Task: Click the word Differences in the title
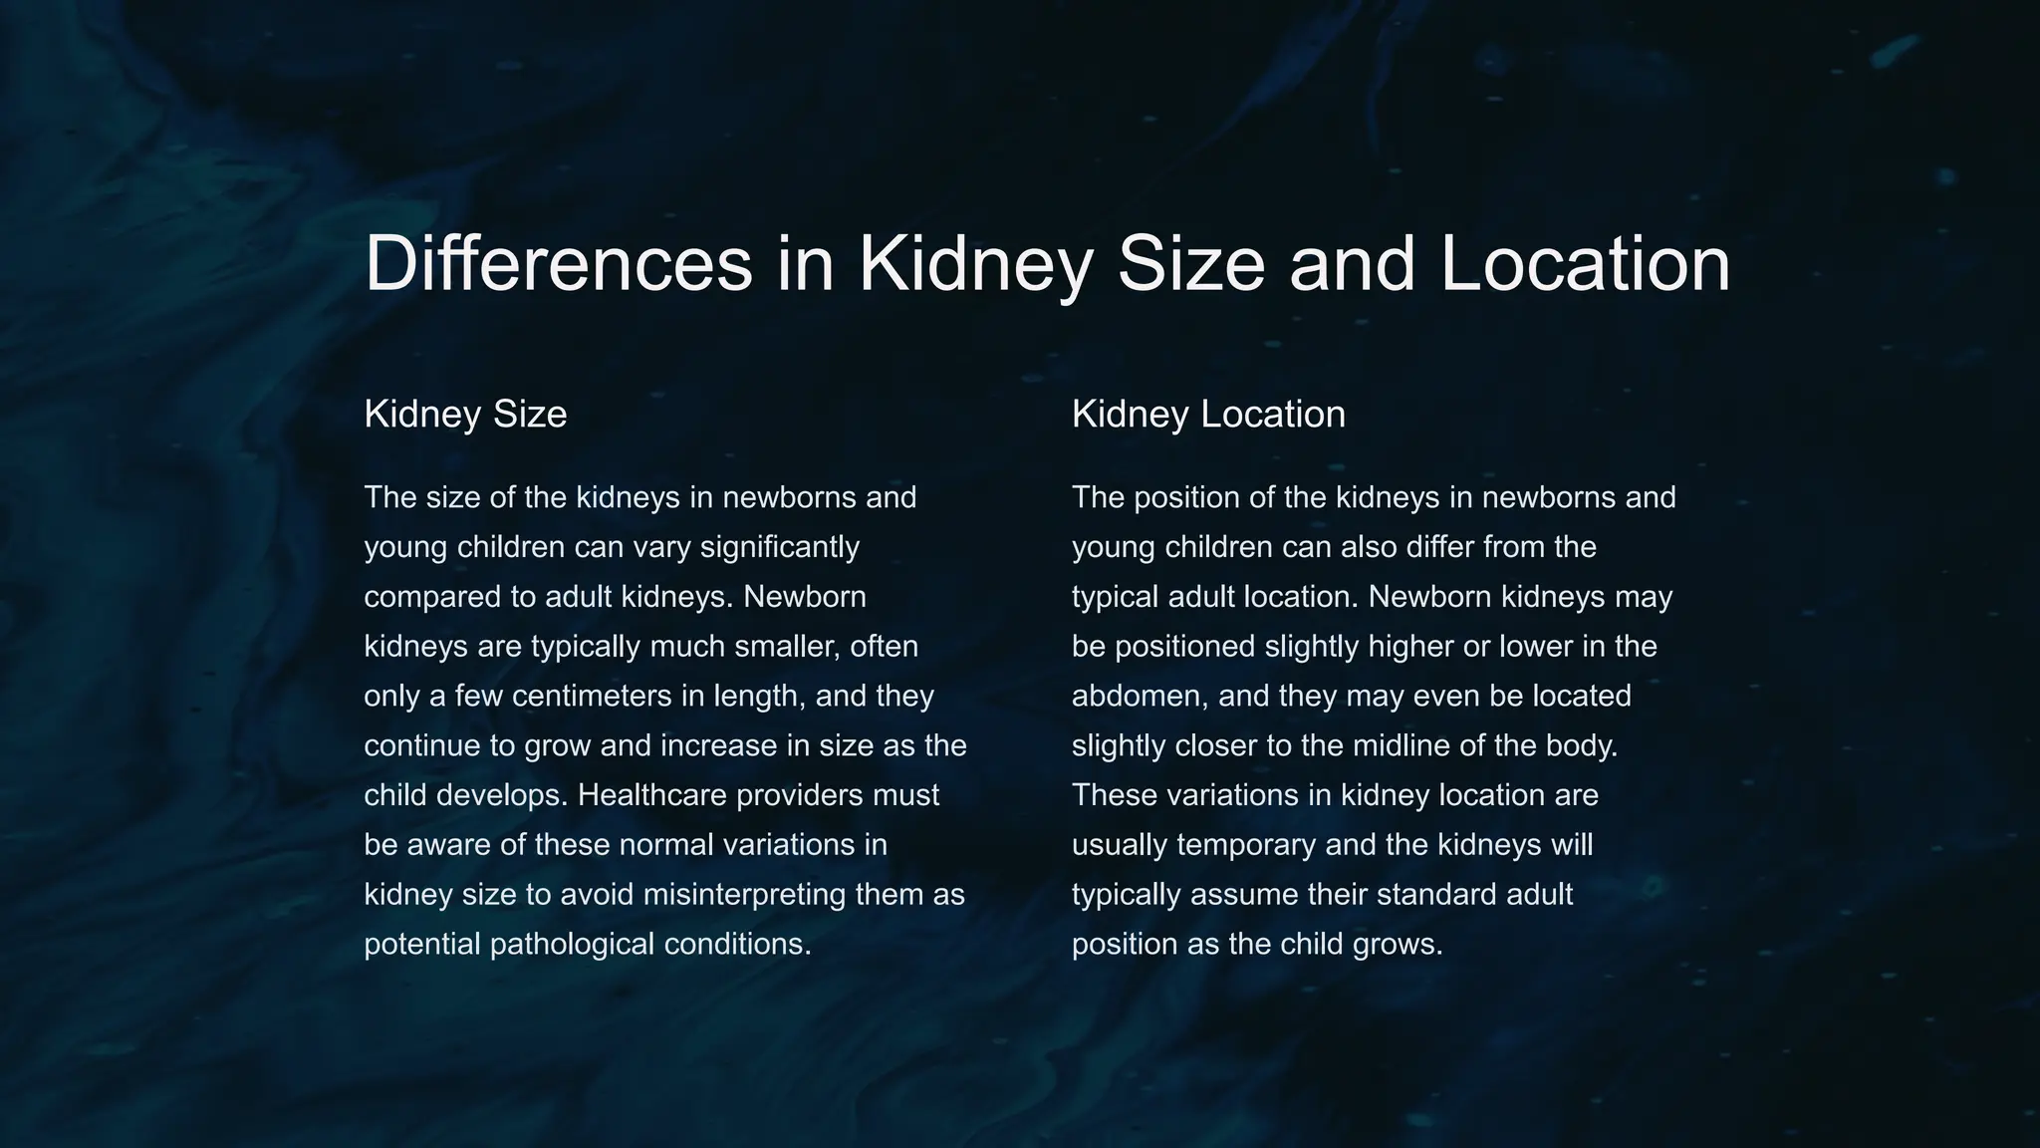[558, 264]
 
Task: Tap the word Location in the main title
[1585, 264]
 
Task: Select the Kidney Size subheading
[465, 415]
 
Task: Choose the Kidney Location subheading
[1208, 415]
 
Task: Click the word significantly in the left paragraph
[779, 548]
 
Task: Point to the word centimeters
[592, 697]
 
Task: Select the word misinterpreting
[745, 895]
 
